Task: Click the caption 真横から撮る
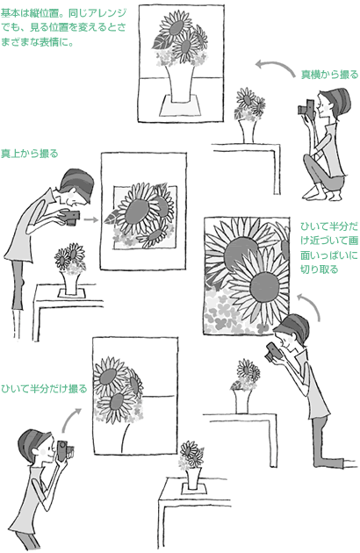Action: point(329,75)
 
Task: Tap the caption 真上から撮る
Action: point(29,154)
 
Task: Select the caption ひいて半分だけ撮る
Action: point(44,389)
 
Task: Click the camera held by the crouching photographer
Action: point(306,107)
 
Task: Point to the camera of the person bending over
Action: point(70,217)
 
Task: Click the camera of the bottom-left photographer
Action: point(64,450)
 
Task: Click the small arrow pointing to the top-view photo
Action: point(91,219)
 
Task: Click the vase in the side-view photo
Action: point(182,83)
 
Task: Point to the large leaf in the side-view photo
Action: point(161,42)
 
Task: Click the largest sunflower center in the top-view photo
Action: point(136,211)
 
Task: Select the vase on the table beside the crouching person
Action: point(247,131)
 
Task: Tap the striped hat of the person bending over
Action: point(77,180)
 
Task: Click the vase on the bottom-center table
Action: point(193,478)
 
